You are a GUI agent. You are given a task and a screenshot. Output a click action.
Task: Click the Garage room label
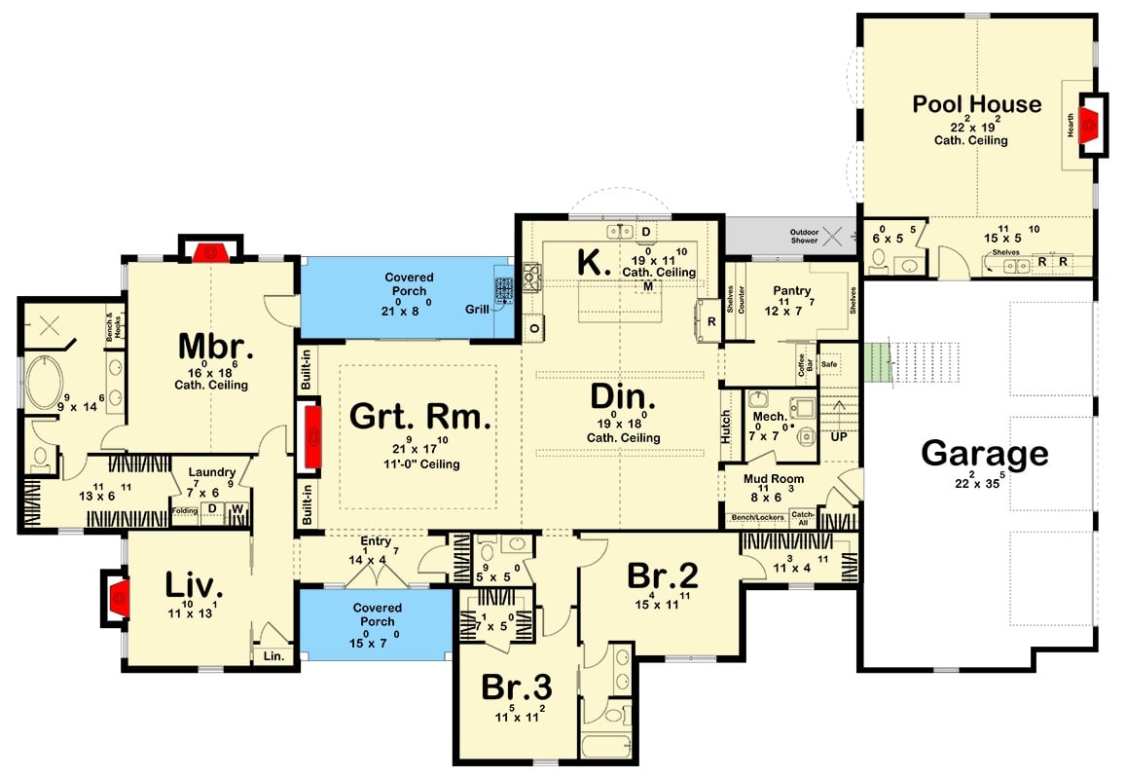985,454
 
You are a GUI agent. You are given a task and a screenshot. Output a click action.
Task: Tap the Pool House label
976,104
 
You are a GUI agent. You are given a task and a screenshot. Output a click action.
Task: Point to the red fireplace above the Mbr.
210,252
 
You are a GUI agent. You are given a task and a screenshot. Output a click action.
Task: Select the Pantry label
792,291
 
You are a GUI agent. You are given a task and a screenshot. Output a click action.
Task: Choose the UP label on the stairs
837,437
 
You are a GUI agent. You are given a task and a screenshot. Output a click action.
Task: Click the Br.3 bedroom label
517,687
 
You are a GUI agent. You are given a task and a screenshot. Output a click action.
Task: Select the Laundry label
212,471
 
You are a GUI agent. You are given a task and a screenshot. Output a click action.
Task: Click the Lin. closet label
272,656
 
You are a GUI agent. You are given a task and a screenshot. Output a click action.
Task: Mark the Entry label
375,541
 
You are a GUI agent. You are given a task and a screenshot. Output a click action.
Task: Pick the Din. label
623,398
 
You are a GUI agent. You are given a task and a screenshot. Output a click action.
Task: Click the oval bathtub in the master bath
44,386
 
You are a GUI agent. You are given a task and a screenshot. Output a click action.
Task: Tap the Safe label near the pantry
829,364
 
